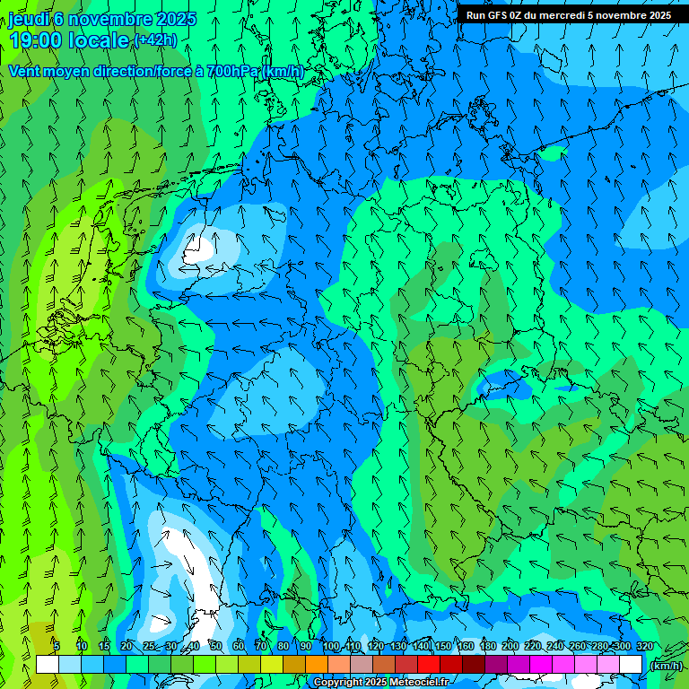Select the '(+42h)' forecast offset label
pos(155,40)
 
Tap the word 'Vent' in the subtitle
pos(24,71)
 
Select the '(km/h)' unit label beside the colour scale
pos(665,666)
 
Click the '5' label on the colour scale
pos(57,646)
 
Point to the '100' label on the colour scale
pos(331,646)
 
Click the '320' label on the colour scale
pos(645,646)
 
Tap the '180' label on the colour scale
pos(488,646)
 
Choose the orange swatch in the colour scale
pos(316,665)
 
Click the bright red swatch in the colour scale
pos(428,665)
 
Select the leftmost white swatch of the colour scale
pos(48,665)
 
